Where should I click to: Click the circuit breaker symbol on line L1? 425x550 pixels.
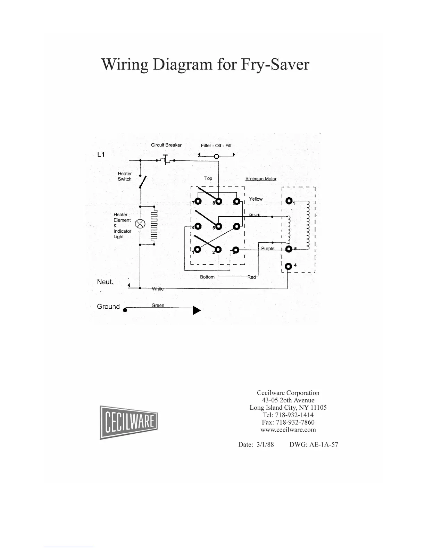(166, 159)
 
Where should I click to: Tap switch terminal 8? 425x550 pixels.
(218, 201)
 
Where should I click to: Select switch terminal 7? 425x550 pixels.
(198, 201)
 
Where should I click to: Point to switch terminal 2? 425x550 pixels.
(218, 250)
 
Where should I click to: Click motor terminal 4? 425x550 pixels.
(288, 266)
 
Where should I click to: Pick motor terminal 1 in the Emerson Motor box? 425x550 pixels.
(289, 201)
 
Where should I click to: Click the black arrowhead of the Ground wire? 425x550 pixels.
(197, 310)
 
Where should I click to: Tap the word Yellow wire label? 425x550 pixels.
(256, 199)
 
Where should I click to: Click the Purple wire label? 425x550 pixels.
(268, 249)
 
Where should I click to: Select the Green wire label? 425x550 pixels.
(158, 305)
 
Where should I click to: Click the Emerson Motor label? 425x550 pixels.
(261, 179)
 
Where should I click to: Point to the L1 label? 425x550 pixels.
(101, 155)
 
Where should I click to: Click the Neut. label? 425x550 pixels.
(105, 282)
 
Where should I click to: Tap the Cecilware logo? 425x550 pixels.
(129, 422)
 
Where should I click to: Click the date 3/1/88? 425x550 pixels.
(265, 444)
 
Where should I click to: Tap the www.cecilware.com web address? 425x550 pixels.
(288, 430)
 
